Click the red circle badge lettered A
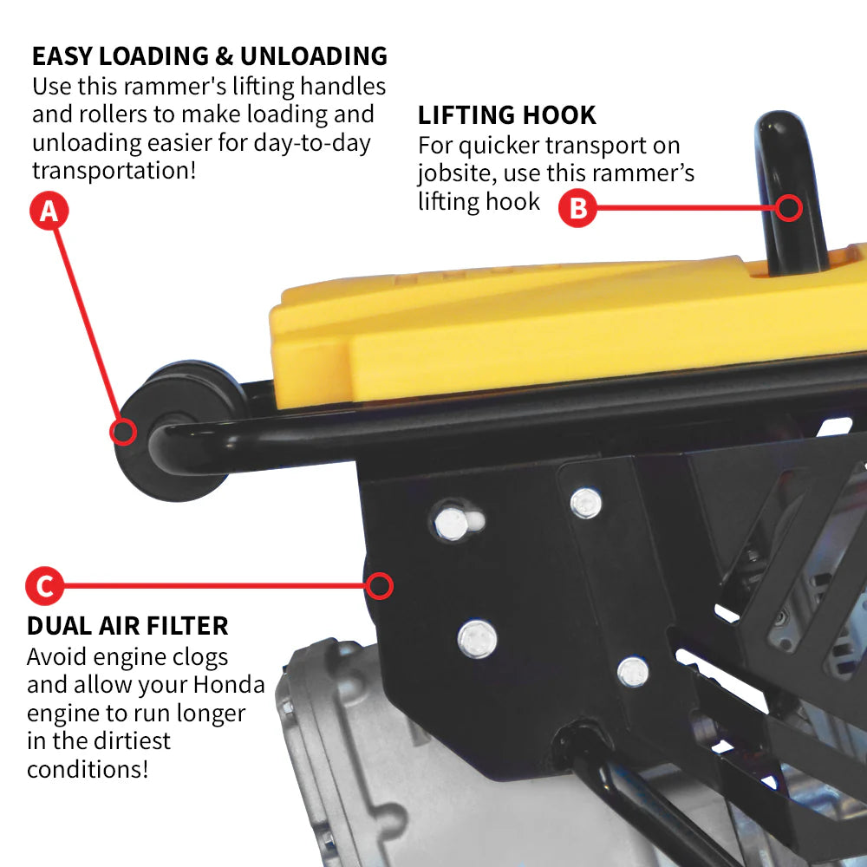[x=49, y=211]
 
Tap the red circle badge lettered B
[x=577, y=208]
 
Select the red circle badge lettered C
[x=44, y=586]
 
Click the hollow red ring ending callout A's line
[x=124, y=431]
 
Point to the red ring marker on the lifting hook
[x=789, y=207]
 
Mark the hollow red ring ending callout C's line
[x=379, y=586]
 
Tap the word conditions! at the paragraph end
[x=88, y=768]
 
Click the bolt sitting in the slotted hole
[x=451, y=523]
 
